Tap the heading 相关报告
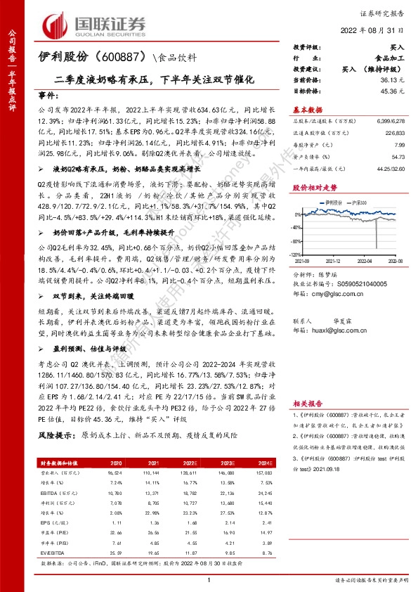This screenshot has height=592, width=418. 307,404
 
